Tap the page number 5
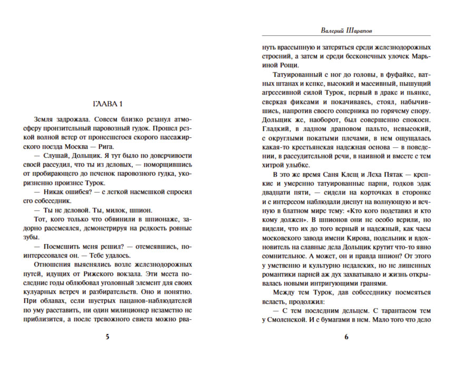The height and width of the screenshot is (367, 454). tap(107, 337)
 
